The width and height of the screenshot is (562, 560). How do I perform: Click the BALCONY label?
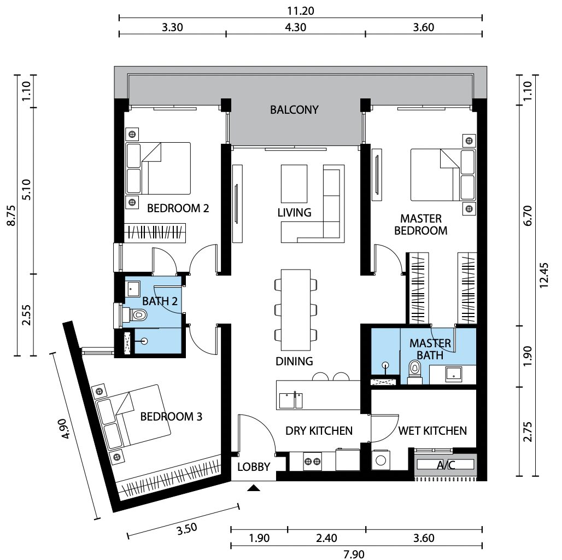click(294, 110)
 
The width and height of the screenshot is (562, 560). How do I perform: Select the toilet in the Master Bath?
click(415, 372)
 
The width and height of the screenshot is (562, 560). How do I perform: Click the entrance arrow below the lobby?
click(254, 487)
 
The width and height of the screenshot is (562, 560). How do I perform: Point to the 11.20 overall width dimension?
click(300, 11)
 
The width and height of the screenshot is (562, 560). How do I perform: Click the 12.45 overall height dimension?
click(544, 275)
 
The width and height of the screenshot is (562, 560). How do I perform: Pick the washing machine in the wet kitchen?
click(380, 460)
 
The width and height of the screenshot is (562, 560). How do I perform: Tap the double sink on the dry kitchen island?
click(291, 400)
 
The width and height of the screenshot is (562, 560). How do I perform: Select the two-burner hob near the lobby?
click(312, 462)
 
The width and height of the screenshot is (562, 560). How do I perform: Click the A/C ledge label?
click(446, 465)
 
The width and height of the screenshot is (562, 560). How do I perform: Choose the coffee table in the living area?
click(294, 184)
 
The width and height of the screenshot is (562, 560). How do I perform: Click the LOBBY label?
click(254, 467)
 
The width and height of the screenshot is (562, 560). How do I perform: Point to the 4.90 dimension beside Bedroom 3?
click(66, 429)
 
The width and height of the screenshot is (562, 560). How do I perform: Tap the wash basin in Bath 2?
click(133, 289)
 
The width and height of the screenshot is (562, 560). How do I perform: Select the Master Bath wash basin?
click(454, 374)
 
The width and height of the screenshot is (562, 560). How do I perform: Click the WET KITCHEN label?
click(432, 430)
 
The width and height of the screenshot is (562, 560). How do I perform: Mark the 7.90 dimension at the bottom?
click(354, 555)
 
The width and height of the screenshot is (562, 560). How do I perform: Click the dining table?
click(296, 310)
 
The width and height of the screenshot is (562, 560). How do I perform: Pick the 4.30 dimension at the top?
click(295, 27)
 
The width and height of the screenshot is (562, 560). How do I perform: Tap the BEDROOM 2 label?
click(178, 208)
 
